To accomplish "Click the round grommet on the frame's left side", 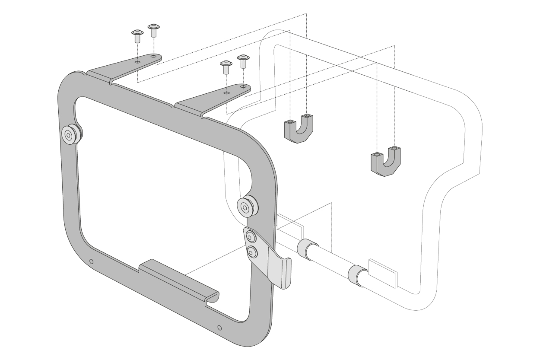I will [70, 135].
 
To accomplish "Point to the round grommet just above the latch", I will [248, 207].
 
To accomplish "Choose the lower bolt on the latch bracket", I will [251, 250].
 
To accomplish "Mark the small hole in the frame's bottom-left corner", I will [91, 262].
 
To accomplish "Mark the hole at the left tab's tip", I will [154, 56].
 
